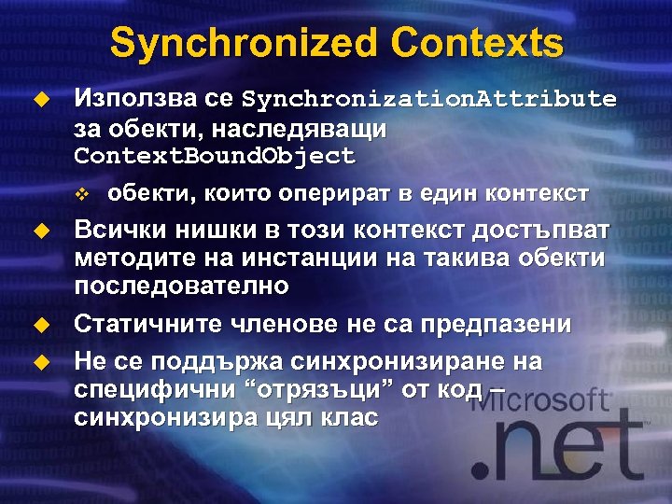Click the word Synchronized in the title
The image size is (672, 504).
pyautogui.click(x=244, y=43)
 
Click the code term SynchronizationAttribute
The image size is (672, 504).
pyautogui.click(x=429, y=99)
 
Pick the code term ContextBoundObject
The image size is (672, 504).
pyautogui.click(x=215, y=155)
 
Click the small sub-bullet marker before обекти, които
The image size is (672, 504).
pyautogui.click(x=82, y=194)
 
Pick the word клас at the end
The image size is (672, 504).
pyautogui.click(x=345, y=417)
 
